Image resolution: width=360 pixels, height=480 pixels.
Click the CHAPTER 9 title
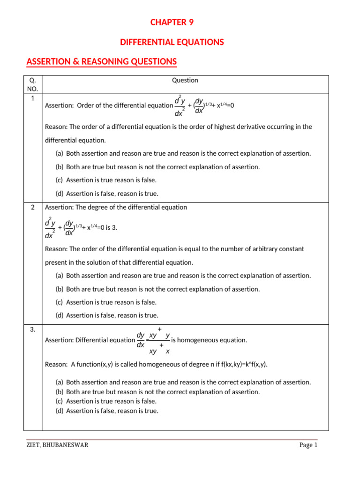[x=172, y=22]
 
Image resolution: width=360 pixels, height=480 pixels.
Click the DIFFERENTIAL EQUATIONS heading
[x=172, y=42]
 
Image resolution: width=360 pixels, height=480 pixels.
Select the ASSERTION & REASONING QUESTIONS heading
[x=102, y=61]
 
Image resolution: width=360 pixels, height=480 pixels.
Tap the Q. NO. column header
[x=33, y=84]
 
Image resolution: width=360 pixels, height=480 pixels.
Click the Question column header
[x=185, y=80]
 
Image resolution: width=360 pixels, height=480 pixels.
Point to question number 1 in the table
[x=33, y=98]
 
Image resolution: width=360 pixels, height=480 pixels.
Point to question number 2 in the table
[x=33, y=207]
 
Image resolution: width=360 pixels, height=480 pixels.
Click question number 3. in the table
[x=33, y=330]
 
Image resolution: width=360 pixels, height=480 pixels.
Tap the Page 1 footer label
[x=308, y=445]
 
